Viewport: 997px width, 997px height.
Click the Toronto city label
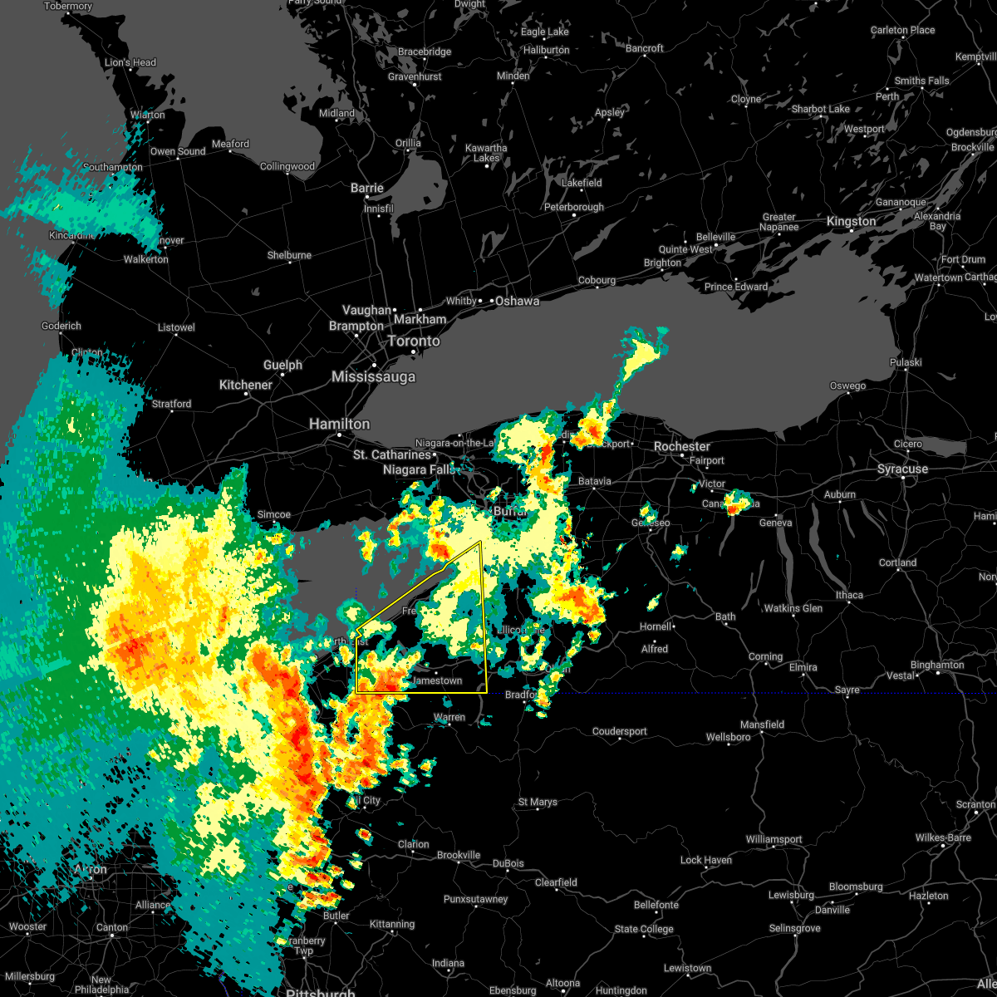point(414,341)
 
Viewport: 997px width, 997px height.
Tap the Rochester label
point(681,446)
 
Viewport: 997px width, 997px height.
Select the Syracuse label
point(902,469)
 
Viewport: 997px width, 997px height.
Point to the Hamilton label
point(339,424)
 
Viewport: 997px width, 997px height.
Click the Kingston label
point(851,221)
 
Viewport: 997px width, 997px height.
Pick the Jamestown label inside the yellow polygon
point(437,680)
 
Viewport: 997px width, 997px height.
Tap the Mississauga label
point(373,376)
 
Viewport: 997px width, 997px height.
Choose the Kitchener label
point(245,385)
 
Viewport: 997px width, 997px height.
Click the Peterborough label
point(573,207)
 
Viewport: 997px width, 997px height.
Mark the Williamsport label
point(774,839)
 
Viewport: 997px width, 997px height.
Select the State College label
point(646,929)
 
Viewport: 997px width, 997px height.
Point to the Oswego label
point(847,386)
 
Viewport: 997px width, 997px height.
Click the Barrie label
point(366,188)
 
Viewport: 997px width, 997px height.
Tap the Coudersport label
point(619,731)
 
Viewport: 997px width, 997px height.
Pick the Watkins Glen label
point(793,608)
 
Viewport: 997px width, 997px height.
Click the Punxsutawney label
point(475,899)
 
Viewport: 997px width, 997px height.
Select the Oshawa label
point(517,301)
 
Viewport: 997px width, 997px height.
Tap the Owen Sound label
point(178,151)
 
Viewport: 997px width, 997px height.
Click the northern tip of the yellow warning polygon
point(481,542)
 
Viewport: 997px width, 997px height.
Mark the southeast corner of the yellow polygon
point(487,692)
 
